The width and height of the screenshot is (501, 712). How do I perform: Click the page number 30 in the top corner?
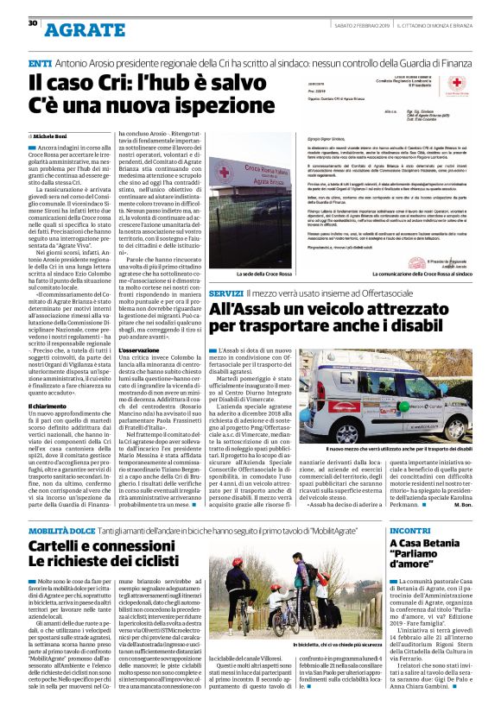pyautogui.click(x=32, y=23)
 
